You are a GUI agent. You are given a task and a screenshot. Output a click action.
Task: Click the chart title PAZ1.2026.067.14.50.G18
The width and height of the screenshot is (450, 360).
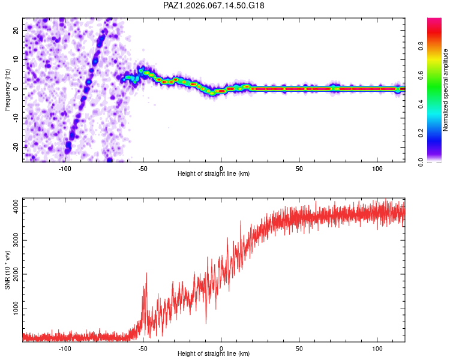coord(214,5)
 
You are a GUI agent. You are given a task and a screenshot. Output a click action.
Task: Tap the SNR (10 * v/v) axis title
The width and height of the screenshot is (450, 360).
coord(7,270)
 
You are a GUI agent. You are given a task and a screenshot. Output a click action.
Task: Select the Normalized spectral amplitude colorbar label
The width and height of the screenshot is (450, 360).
coord(446,90)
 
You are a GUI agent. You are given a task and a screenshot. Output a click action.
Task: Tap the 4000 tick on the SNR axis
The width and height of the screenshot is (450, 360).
coord(12,206)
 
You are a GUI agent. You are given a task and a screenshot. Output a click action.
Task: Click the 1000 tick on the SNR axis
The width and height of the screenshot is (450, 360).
coord(12,308)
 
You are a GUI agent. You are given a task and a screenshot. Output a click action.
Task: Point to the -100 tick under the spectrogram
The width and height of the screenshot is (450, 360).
coord(65,168)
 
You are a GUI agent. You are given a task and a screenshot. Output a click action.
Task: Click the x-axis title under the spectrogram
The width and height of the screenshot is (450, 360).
coord(214,174)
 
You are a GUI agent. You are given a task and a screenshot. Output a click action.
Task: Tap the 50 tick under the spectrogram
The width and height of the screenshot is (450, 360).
coord(299,168)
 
